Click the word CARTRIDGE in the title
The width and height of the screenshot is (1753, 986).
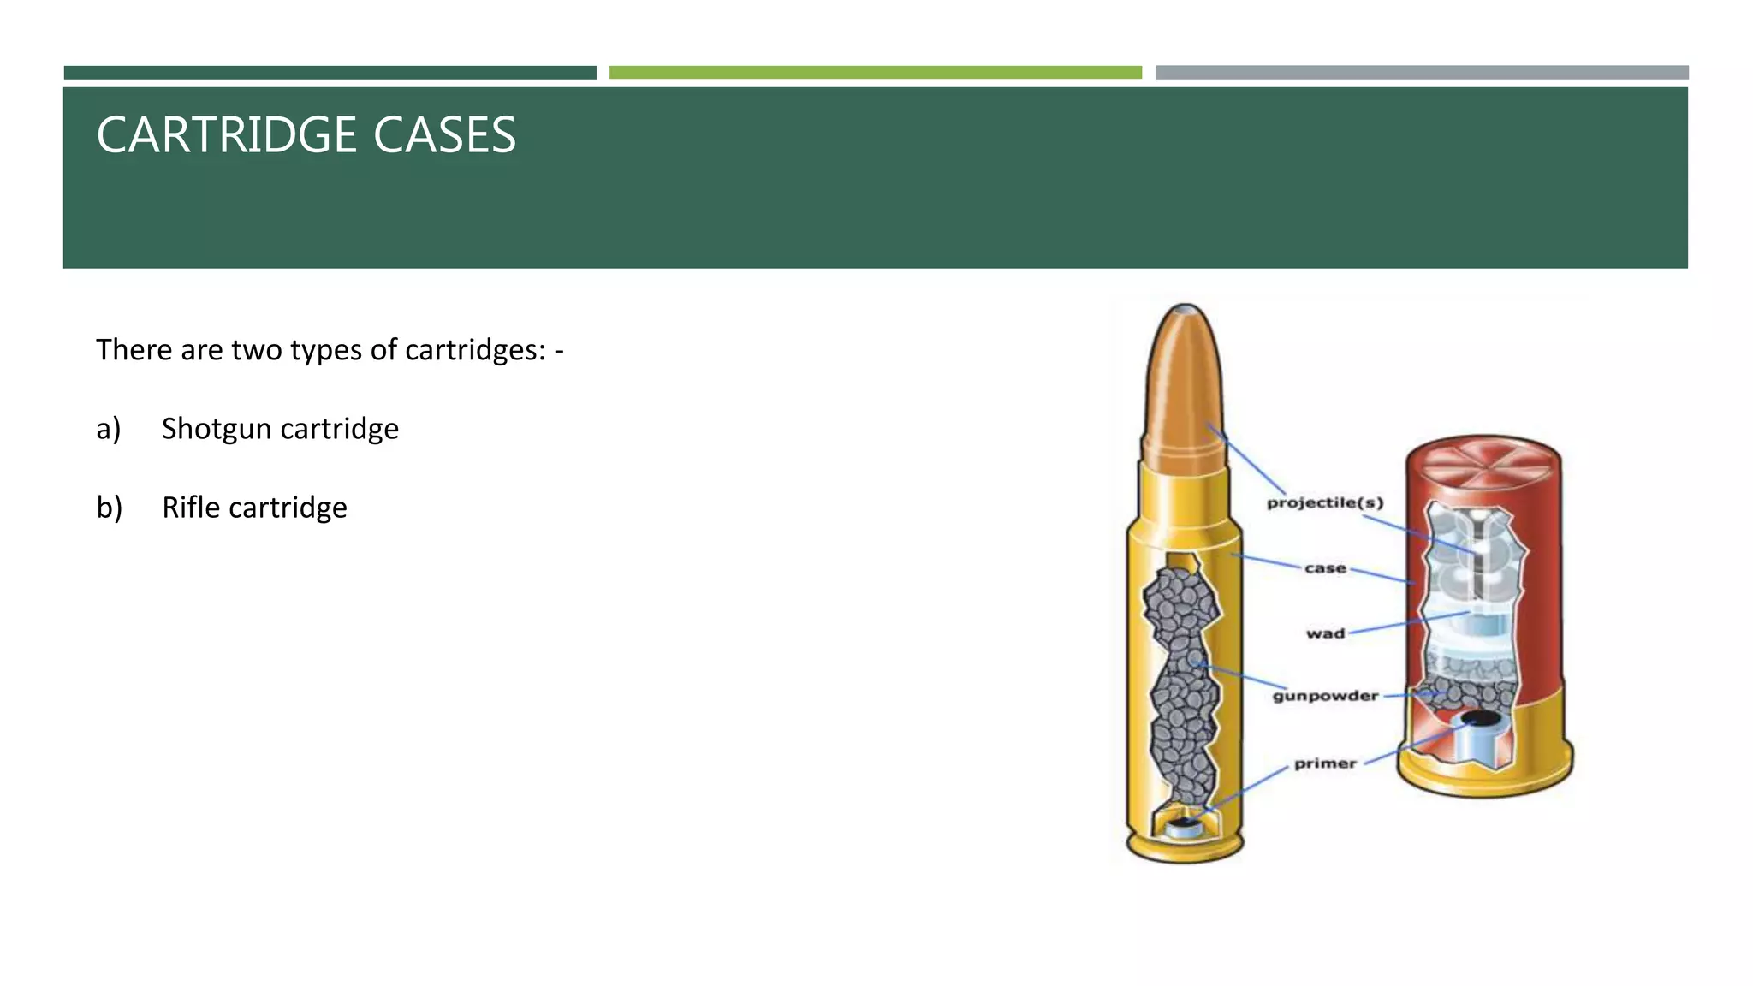[224, 135]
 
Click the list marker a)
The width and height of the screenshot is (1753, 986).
[109, 428]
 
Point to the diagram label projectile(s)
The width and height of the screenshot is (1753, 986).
[1325, 502]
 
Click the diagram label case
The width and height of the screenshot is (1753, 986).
[1325, 568]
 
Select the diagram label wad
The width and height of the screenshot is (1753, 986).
[1325, 633]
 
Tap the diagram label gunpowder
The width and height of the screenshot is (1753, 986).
[1325, 696]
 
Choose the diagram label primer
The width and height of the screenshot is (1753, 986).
[1325, 763]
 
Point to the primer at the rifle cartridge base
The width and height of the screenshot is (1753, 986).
[1185, 828]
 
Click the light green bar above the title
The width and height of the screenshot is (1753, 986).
[875, 73]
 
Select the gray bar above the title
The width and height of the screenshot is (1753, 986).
[1422, 73]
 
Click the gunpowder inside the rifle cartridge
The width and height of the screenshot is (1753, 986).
[1181, 685]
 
